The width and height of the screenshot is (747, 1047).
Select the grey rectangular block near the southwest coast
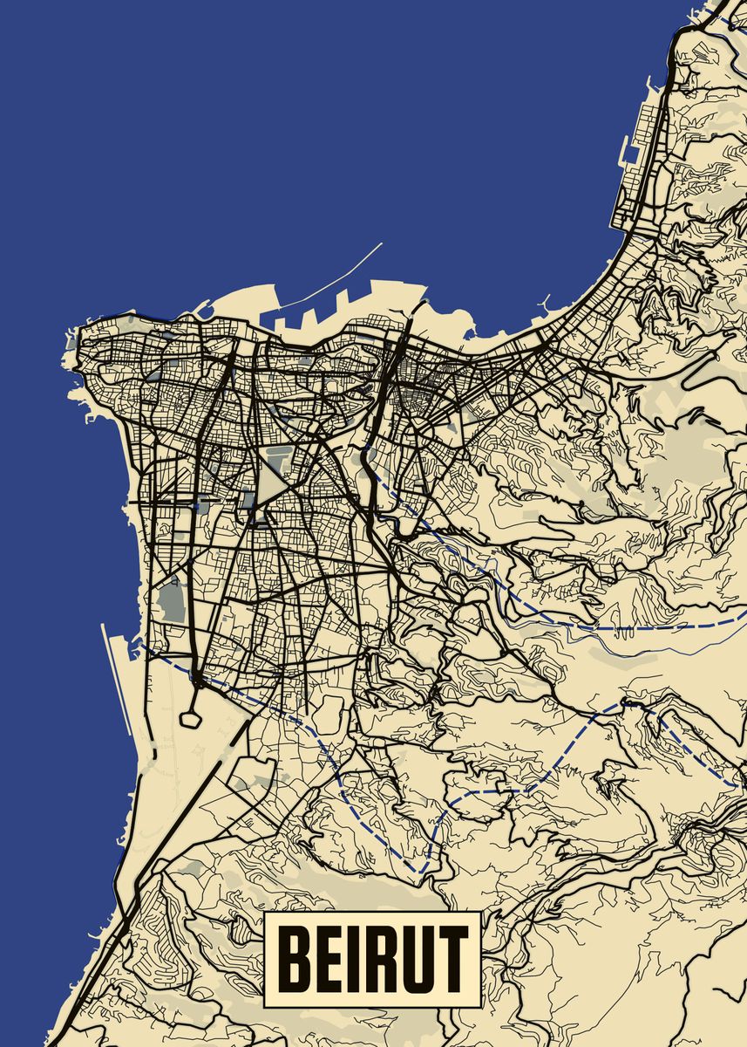click(173, 602)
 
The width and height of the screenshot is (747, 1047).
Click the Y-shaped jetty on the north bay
click(545, 305)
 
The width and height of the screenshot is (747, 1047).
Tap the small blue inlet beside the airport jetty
click(136, 647)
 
